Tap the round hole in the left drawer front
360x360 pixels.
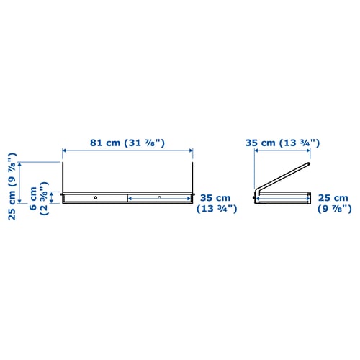click(95, 197)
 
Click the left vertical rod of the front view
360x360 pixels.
click(63, 177)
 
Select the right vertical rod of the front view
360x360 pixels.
click(193, 177)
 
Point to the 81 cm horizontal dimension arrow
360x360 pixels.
click(127, 150)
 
